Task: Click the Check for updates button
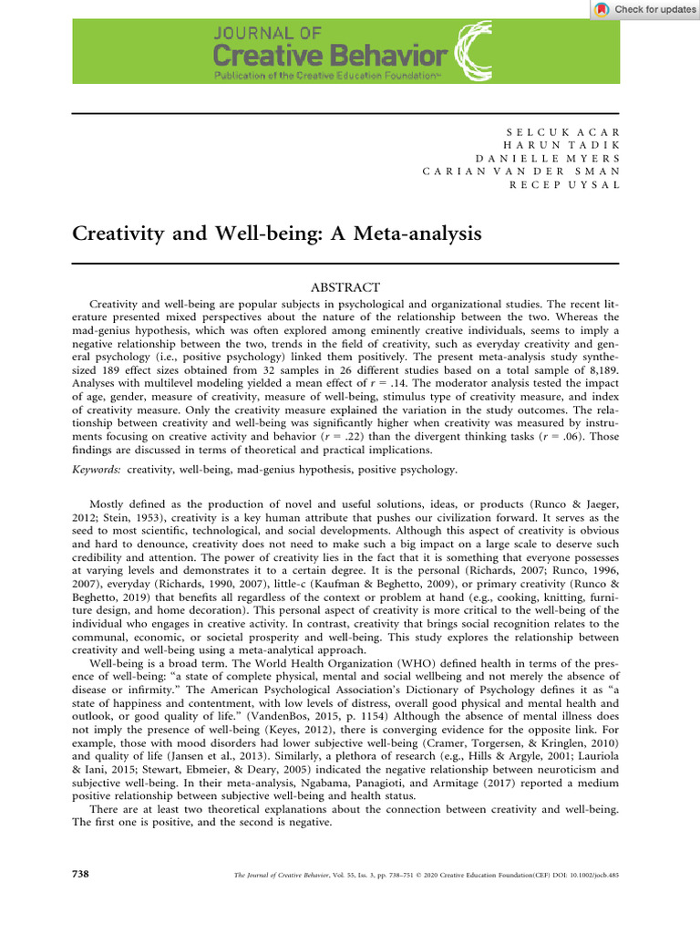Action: click(644, 9)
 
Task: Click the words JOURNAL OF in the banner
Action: click(267, 33)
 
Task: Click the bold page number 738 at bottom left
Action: click(80, 875)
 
